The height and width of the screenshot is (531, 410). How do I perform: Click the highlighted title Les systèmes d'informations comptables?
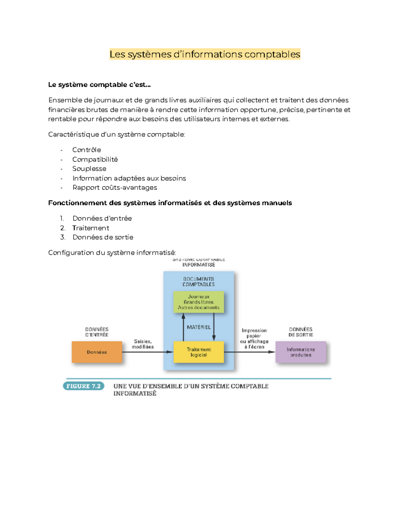point(205,54)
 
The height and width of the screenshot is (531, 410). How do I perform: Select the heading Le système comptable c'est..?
point(99,85)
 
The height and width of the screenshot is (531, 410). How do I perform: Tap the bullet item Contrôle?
point(86,150)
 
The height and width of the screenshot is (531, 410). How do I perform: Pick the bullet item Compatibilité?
point(95,159)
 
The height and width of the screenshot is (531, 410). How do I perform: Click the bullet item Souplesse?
point(89,169)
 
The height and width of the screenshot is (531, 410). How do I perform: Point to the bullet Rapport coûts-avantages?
point(114,187)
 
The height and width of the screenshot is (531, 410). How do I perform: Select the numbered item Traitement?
point(91,228)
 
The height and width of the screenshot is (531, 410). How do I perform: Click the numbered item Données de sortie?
point(102,237)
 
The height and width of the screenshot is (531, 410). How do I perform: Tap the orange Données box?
point(97,352)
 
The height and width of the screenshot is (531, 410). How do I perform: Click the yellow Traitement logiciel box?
point(199,352)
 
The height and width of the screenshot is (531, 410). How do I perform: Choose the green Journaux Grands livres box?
point(199,302)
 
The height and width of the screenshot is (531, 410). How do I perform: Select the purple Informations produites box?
point(301,352)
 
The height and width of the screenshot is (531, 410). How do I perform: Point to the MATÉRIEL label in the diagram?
point(199,327)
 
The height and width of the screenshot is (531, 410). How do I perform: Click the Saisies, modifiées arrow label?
point(143,344)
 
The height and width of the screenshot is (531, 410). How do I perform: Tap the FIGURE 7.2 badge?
point(83,386)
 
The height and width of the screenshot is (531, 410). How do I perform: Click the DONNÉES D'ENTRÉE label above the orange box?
point(97,332)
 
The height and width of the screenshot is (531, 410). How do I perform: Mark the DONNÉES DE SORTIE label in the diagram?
point(301,332)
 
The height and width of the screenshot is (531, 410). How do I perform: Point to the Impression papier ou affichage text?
point(254,338)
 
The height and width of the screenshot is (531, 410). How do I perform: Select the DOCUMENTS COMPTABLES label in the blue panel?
point(199,282)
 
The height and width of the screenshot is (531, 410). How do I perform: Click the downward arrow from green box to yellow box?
point(214,327)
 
